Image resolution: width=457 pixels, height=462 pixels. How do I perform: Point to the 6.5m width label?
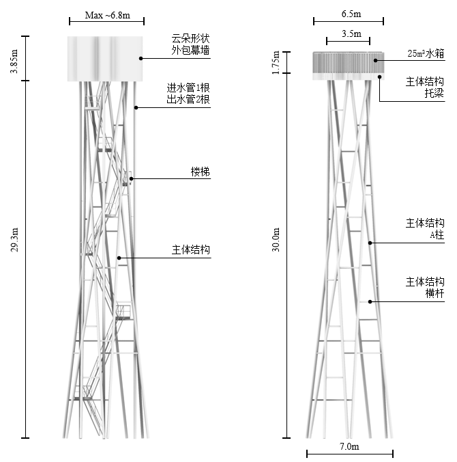[x=352, y=14]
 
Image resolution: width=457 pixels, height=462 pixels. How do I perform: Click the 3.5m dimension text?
[x=349, y=33]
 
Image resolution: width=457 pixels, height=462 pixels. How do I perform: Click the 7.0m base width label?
[x=349, y=446]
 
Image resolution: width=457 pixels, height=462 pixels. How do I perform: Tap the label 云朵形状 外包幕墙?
[x=191, y=44]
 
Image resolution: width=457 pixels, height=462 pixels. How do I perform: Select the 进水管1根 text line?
[x=189, y=87]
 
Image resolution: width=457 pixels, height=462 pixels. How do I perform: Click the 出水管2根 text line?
[x=189, y=100]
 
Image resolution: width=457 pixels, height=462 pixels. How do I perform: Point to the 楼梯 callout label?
[x=201, y=172]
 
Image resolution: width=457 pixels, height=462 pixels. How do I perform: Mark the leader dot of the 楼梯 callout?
[x=132, y=179]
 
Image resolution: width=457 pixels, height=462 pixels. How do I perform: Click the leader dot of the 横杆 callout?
[x=370, y=301]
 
